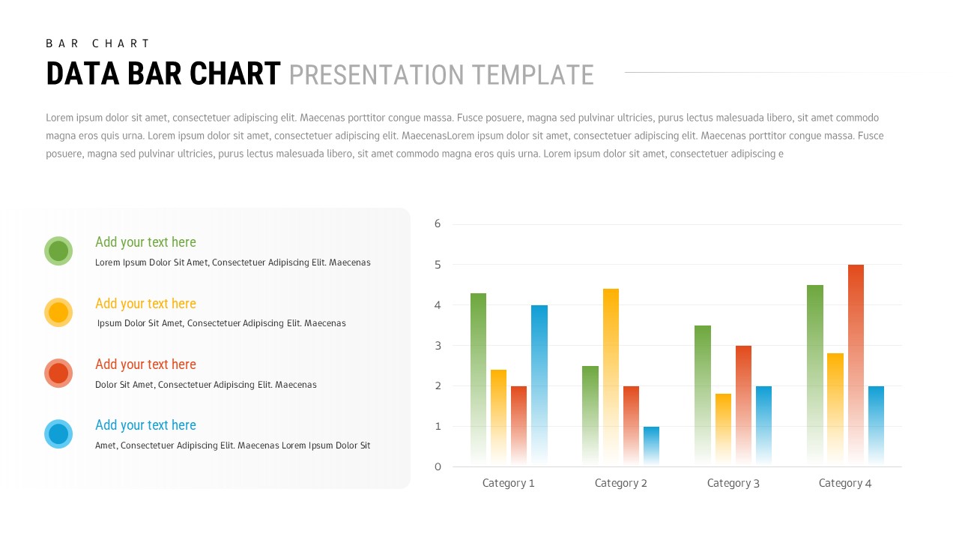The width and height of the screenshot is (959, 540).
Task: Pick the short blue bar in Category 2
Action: (651, 445)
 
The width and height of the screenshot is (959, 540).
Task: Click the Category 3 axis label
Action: (733, 483)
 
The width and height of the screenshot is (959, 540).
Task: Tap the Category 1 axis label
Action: (508, 483)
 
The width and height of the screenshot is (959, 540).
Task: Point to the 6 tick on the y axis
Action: (438, 223)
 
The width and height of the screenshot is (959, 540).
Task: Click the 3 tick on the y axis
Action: (438, 346)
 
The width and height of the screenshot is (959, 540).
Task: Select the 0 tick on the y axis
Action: (438, 466)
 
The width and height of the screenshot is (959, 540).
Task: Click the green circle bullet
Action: (58, 250)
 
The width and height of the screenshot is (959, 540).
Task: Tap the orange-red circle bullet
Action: (58, 373)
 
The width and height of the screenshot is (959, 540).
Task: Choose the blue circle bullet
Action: (58, 434)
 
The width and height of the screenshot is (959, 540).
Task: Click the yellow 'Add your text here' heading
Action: (145, 303)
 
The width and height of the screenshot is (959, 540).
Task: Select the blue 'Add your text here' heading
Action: (145, 425)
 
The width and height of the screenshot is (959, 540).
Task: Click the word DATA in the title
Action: (82, 74)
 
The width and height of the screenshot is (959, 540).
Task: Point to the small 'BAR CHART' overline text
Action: (98, 43)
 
